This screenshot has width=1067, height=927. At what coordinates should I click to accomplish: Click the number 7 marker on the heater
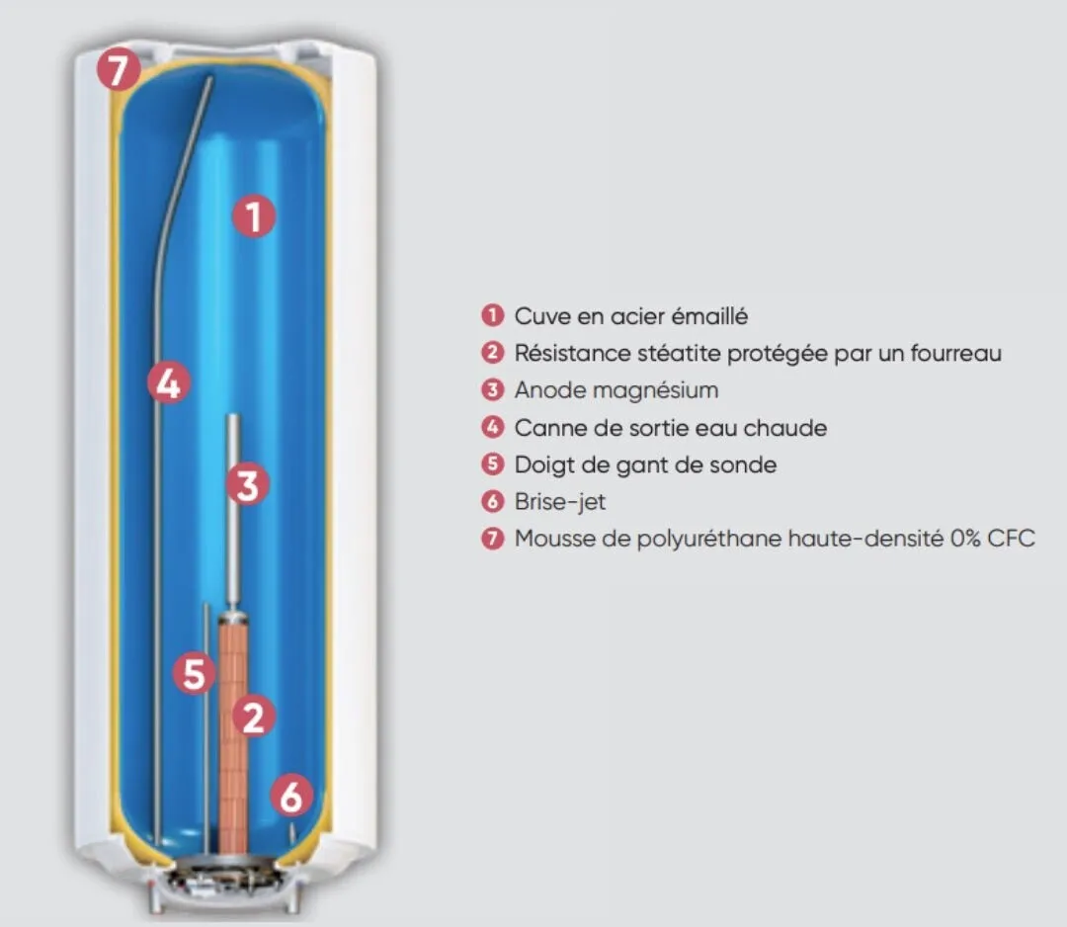click(x=119, y=72)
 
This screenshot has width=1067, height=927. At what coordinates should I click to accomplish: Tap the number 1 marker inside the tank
click(x=254, y=216)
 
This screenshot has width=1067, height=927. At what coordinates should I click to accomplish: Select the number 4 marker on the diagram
click(x=169, y=382)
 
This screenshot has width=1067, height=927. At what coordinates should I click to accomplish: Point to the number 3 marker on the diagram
click(x=247, y=485)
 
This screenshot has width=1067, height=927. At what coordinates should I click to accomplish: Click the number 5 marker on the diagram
click(x=194, y=675)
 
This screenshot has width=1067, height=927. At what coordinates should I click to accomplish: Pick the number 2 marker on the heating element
click(x=254, y=716)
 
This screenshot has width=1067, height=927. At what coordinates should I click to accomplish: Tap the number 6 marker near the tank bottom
click(x=290, y=796)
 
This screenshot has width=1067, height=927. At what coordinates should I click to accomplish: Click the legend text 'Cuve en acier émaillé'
click(x=631, y=316)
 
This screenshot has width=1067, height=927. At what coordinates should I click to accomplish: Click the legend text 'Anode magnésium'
click(x=616, y=389)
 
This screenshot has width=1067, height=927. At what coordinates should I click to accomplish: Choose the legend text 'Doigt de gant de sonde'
click(x=645, y=464)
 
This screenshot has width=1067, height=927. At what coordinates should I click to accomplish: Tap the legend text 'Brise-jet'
click(x=560, y=501)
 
